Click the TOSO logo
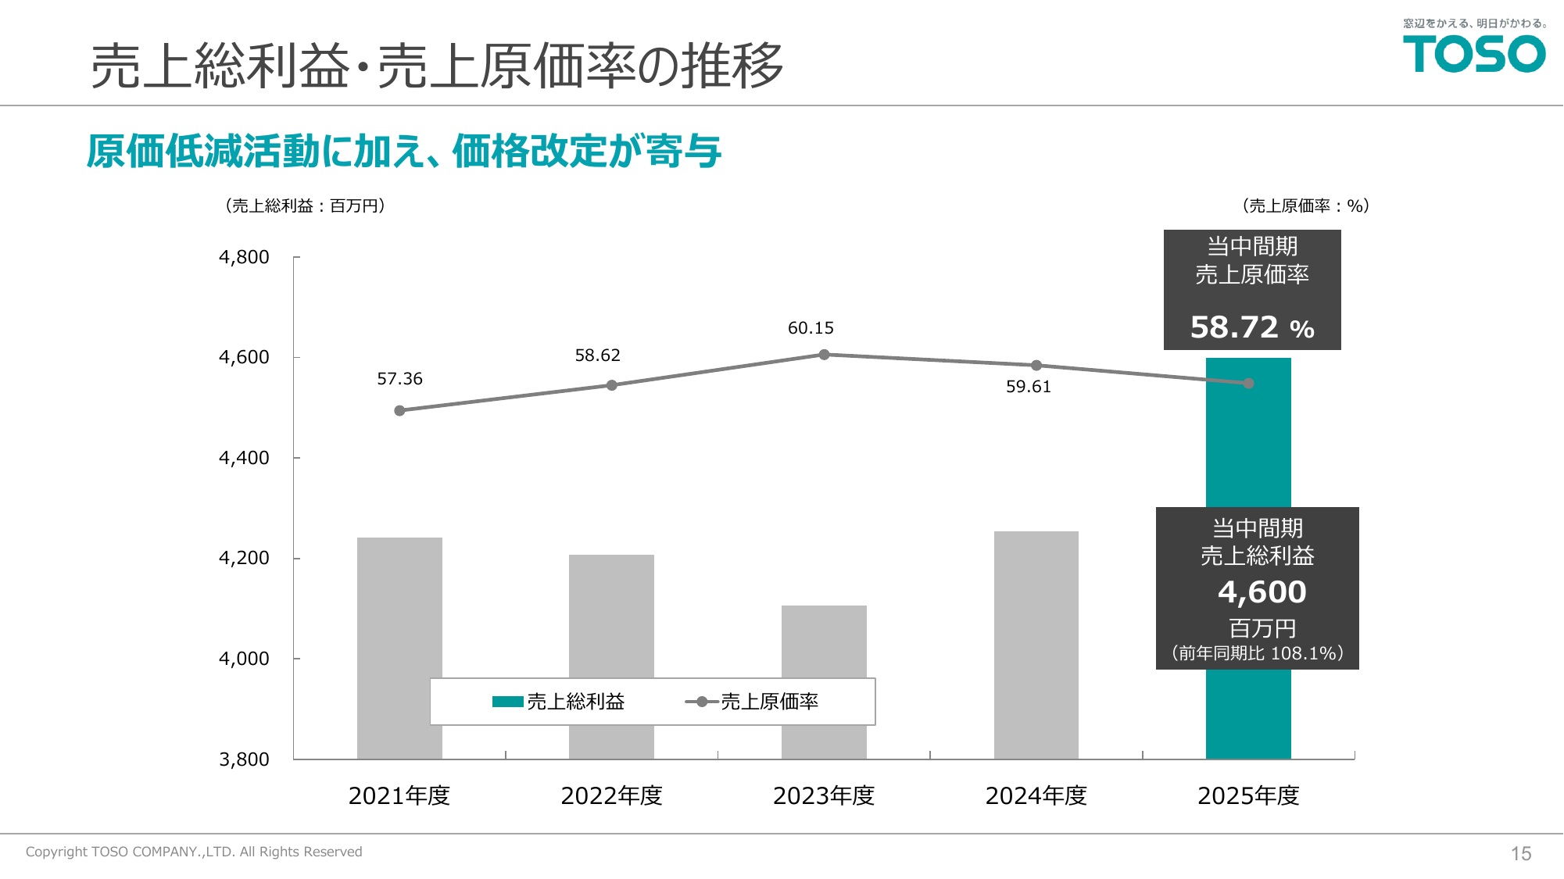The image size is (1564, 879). (1474, 54)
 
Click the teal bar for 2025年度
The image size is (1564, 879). (1248, 445)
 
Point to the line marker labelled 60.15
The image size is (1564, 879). (824, 355)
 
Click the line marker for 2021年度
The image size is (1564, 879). (399, 411)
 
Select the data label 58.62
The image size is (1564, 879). (597, 356)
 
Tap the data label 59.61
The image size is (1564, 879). (1028, 387)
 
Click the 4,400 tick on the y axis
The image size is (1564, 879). (244, 458)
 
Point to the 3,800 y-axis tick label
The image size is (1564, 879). (244, 759)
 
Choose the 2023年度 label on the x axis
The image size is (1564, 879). (824, 795)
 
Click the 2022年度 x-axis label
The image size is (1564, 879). (611, 795)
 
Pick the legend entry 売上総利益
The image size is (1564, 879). (560, 702)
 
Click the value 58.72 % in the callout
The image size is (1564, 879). (1251, 327)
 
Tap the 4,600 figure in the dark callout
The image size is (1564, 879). (1262, 591)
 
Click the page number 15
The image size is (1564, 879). (1520, 853)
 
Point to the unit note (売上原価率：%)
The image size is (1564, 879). (1305, 205)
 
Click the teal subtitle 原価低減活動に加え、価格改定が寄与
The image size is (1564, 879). (403, 151)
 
